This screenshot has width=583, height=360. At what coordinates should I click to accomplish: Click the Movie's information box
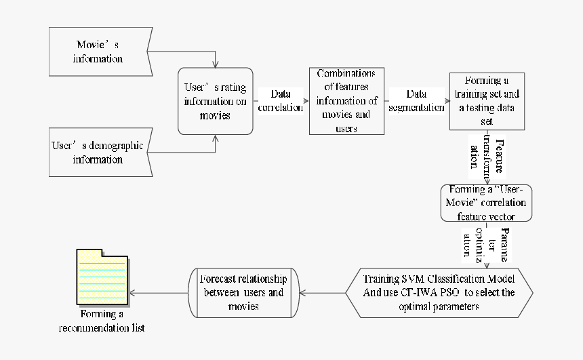click(x=99, y=52)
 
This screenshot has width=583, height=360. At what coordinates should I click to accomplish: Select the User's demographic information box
click(x=99, y=153)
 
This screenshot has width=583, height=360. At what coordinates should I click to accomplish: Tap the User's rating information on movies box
click(x=216, y=101)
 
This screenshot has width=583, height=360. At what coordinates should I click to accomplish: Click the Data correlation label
click(x=281, y=101)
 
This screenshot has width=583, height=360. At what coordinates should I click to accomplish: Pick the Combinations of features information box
click(x=346, y=101)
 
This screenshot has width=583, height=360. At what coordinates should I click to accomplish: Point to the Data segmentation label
click(x=416, y=101)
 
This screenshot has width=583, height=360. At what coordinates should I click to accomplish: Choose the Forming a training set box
click(x=487, y=101)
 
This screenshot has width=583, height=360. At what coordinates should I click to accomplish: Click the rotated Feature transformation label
click(x=487, y=157)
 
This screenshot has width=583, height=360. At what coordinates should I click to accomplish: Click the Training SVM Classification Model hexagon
click(x=439, y=292)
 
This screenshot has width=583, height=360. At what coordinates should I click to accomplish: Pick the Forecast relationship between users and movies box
click(x=242, y=292)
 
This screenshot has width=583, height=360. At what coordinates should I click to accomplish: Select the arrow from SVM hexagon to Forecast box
click(x=322, y=293)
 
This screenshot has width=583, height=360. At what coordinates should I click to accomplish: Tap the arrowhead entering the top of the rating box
click(x=216, y=65)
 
